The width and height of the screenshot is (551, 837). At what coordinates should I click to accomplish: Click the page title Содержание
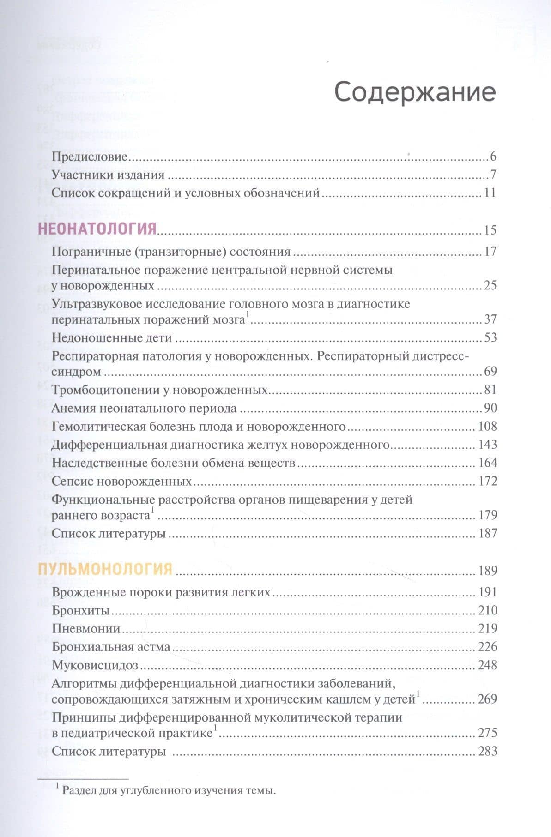tap(415, 92)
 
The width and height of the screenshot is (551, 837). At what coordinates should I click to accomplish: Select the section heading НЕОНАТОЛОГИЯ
tap(97, 229)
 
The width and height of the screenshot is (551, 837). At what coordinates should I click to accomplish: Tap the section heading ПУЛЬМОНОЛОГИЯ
tap(105, 569)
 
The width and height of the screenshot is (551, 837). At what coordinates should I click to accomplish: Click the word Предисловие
tap(89, 157)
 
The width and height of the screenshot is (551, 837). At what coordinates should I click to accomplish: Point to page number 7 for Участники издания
tap(493, 175)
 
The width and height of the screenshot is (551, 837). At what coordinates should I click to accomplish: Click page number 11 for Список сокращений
tap(490, 193)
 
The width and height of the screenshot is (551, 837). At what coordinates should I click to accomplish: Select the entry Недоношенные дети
tap(112, 337)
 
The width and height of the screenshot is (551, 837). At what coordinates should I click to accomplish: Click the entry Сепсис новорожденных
tap(121, 481)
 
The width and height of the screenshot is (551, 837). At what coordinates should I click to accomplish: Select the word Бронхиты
tap(80, 610)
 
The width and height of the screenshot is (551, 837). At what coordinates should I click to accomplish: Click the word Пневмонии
tap(86, 628)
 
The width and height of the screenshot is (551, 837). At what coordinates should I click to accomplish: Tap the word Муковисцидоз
tap(95, 665)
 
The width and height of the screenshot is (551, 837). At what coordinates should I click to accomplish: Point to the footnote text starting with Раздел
tap(169, 790)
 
